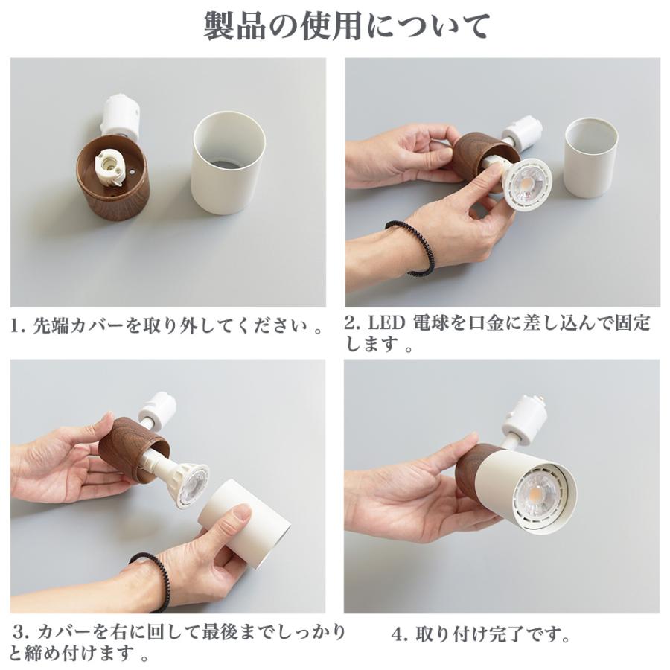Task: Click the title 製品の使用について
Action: tap(347, 26)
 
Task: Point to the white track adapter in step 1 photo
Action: tap(120, 115)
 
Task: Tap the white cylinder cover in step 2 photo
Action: tap(590, 157)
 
